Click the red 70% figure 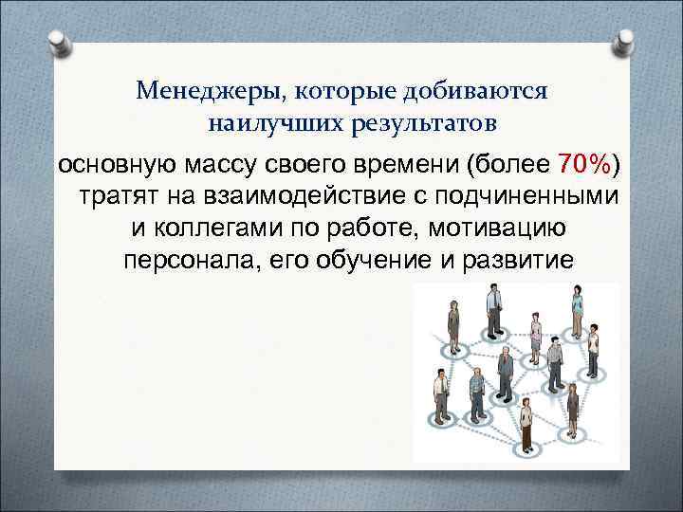tap(584, 164)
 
